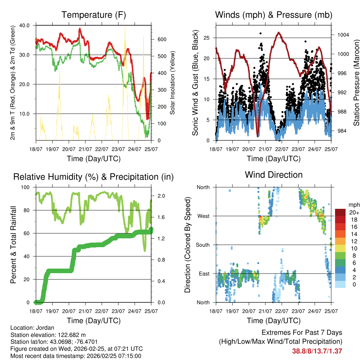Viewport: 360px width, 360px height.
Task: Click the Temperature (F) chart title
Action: coord(94,15)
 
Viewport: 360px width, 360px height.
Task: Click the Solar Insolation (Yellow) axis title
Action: coord(173,83)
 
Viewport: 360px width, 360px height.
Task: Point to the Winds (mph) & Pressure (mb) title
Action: coord(274,15)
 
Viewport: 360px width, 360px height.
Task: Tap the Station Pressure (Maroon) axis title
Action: coord(356,83)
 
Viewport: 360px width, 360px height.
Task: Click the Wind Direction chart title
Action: coord(274,174)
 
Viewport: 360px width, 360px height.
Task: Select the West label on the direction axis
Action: coord(203,216)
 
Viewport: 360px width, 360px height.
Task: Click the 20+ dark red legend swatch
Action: coord(340,212)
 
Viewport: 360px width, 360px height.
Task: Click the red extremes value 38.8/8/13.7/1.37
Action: coord(317,351)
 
